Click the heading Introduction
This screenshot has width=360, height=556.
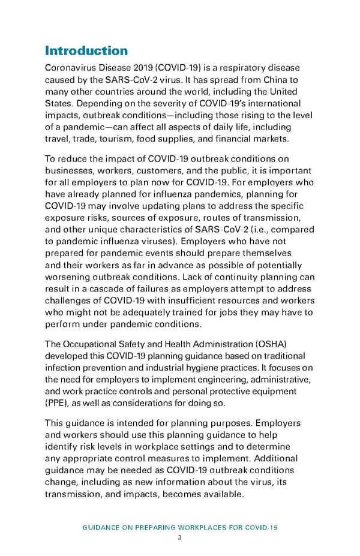(x=86, y=50)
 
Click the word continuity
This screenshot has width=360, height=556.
(x=241, y=277)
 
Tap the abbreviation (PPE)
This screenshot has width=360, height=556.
(x=58, y=403)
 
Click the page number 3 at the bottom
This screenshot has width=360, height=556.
(x=179, y=537)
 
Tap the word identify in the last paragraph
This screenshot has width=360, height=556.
(x=61, y=447)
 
